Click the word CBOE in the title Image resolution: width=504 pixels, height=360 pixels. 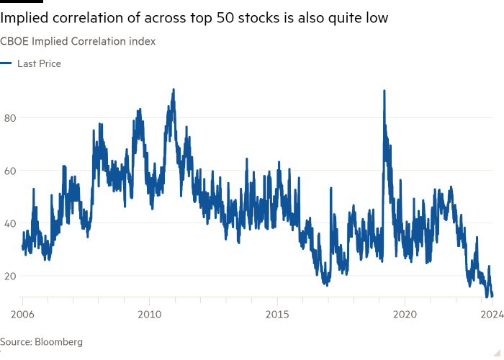12,42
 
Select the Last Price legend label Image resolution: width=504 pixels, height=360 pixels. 39,63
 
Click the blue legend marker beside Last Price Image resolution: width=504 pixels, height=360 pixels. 6,64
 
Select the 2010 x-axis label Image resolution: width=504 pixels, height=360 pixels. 149,315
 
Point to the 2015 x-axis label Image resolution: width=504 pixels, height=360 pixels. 277,315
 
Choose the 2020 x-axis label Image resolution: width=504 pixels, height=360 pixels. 405,315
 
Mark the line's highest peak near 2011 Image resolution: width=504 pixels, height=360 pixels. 174,89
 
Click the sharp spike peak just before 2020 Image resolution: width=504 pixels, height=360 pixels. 384,90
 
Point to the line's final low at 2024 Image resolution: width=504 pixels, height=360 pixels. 492,295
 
